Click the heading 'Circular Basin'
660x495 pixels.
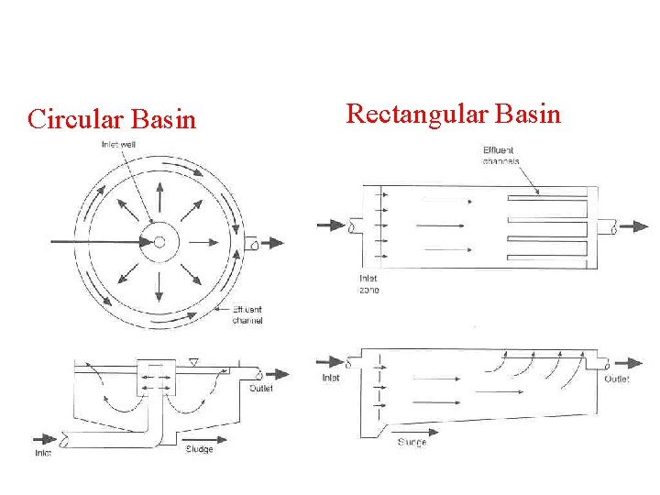coord(112,119)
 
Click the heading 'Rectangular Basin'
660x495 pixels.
coord(453,114)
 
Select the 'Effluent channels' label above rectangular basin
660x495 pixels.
coord(501,155)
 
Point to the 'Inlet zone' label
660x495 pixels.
coord(368,283)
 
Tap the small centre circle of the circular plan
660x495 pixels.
coord(159,242)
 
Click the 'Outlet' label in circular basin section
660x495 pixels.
coord(261,387)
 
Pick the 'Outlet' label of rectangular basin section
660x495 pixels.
coord(617,379)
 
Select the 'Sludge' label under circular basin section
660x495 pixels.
coord(199,448)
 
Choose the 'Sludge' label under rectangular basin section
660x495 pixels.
coord(412,442)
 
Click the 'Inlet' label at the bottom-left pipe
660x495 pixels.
coord(43,452)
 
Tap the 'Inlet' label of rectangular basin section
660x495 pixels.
coord(331,378)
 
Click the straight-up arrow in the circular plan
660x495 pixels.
coord(159,196)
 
